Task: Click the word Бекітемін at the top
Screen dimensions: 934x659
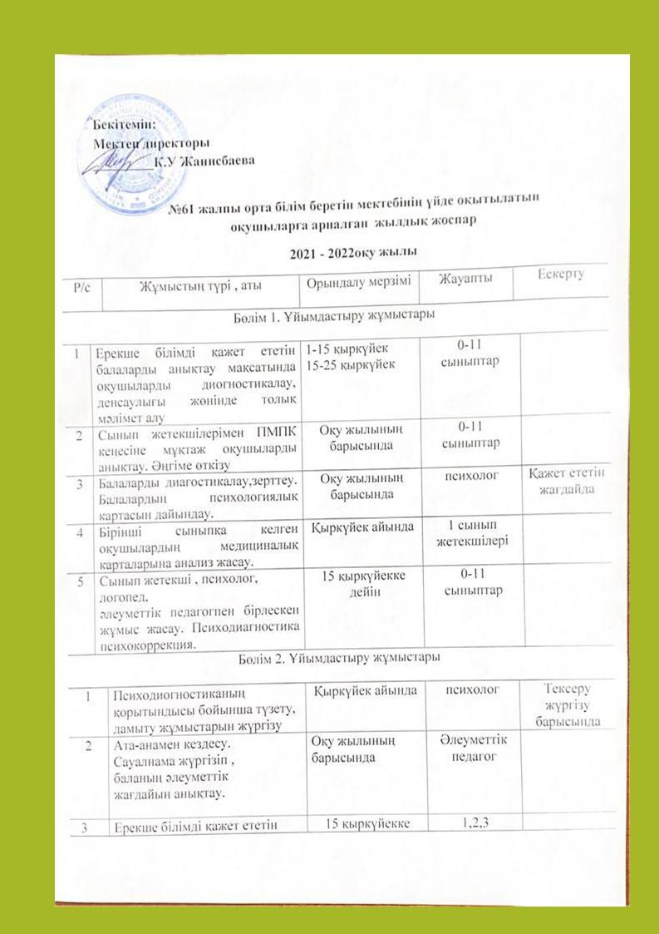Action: click(116, 126)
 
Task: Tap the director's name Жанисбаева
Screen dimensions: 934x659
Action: click(215, 160)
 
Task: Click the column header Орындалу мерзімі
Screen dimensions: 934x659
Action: click(357, 282)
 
